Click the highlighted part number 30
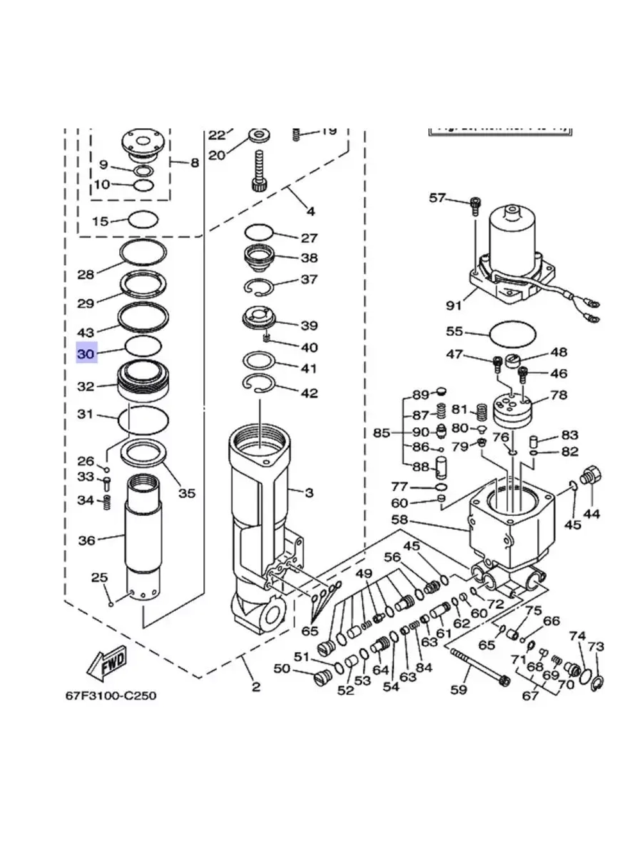click(86, 354)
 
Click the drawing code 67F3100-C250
click(111, 695)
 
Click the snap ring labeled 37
click(259, 288)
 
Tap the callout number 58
click(399, 520)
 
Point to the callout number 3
click(309, 493)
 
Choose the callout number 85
click(381, 433)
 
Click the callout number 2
click(256, 687)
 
